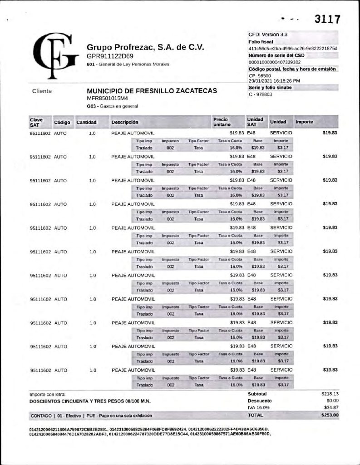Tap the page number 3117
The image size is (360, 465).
tap(328, 20)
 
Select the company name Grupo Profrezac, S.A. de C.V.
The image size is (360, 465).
tap(145, 47)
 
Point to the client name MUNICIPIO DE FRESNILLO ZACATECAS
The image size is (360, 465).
tap(152, 91)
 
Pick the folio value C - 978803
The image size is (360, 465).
tap(261, 94)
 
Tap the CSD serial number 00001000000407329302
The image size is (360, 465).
tap(275, 62)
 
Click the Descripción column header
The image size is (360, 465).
tap(125, 123)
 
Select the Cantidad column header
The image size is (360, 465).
tap(86, 123)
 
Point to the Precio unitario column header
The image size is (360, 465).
tap(221, 122)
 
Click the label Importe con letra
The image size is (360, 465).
tap(48, 394)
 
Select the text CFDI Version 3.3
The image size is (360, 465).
tap(268, 34)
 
